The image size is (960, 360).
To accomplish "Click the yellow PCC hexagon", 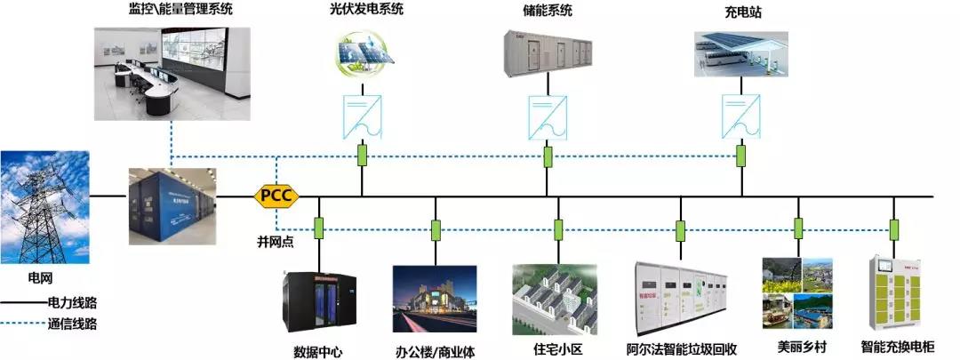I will tap(276, 195).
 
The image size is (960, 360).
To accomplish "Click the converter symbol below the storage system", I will tap(548, 115).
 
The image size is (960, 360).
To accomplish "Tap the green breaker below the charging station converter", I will tap(741, 156).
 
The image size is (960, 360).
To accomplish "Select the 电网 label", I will tap(41, 277).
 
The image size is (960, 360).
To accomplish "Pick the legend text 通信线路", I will tap(72, 324).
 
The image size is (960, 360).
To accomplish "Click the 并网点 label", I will tap(274, 241).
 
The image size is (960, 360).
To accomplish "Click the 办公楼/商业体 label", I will tap(435, 351).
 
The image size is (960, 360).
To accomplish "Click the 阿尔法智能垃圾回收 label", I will tap(681, 349).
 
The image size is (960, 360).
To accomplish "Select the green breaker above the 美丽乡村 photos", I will tap(798, 228).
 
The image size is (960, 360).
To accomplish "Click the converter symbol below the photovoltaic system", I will tap(362, 115).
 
